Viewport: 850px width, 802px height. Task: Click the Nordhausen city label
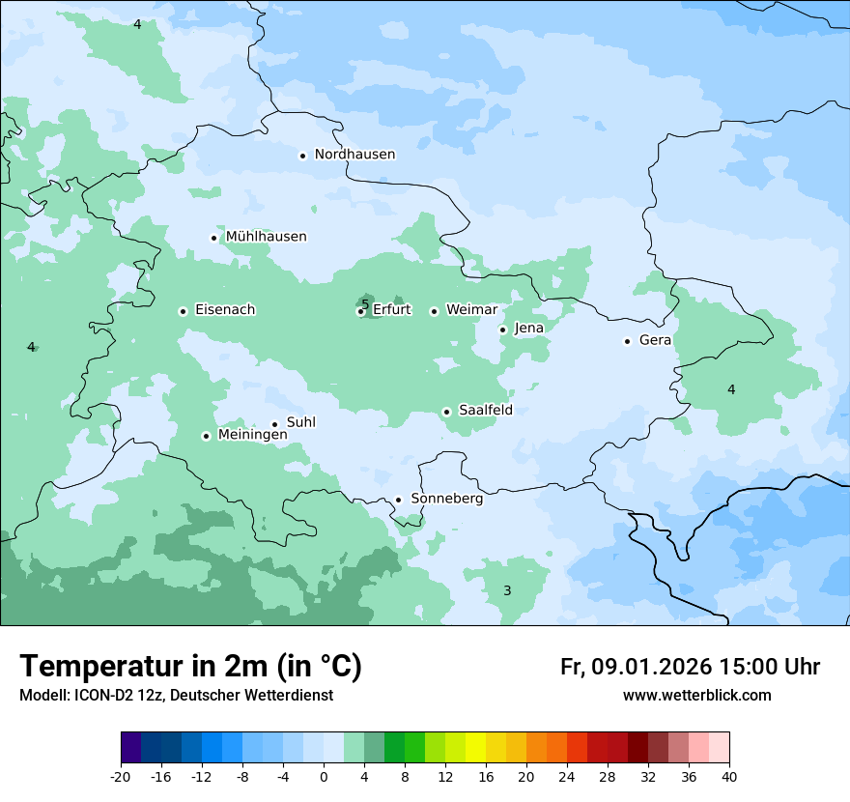354,155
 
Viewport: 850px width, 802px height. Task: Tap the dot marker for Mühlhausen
214,238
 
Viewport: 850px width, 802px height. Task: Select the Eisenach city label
225,310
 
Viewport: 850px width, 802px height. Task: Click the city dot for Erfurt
360,311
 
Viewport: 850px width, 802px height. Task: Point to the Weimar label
471,310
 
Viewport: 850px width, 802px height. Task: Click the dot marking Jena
503,329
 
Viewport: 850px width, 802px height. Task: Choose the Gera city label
655,340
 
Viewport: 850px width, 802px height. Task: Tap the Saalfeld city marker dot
447,412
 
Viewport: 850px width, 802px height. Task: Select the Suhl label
301,422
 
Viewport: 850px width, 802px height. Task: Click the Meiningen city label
252,436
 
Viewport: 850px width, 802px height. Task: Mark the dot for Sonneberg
398,500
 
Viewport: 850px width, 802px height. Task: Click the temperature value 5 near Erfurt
365,303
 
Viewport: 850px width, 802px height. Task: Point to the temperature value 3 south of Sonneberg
507,590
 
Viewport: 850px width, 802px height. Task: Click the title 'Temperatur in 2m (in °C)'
190,666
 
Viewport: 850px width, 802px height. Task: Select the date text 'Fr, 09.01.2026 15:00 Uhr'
690,667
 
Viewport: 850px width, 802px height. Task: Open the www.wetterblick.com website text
696,695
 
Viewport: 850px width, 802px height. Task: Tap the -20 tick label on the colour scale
121,777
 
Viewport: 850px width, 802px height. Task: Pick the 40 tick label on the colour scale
729,777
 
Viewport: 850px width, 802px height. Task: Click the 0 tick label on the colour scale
324,777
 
